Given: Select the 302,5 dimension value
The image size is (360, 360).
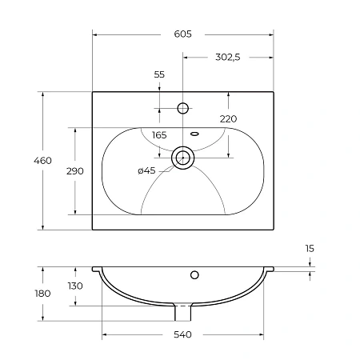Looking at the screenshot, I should click(228, 57).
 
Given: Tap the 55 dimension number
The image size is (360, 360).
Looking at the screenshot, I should click(159, 74).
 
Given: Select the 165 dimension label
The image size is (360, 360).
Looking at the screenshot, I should click(159, 135).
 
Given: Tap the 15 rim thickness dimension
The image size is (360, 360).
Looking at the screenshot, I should click(310, 249).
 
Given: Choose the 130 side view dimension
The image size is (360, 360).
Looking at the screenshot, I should click(75, 286).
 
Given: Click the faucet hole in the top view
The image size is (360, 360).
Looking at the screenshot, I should click(183, 107).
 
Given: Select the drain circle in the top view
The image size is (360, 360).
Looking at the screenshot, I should click(183, 158).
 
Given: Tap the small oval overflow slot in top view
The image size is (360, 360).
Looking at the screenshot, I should click(194, 133).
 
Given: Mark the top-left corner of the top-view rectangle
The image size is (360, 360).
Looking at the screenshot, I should click(93, 93).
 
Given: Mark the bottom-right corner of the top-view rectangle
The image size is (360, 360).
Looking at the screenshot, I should click(274, 230).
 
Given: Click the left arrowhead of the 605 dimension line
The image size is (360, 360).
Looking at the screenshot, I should click(95, 34).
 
